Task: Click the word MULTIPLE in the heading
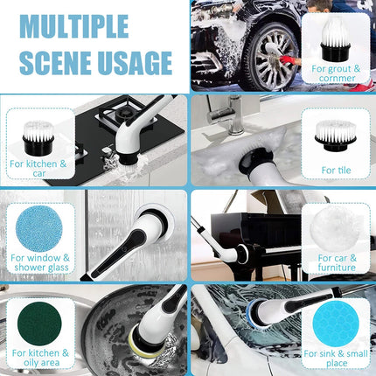pos(74,26)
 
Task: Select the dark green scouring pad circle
pos(39,324)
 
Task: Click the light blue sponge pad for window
pos(39,229)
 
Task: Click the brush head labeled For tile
pos(336,136)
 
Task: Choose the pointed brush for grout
pos(335,38)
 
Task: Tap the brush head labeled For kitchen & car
pos(38,138)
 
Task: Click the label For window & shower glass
pos(40,262)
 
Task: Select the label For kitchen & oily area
pos(41,358)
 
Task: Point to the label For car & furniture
pos(337,262)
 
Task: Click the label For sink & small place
pos(336,359)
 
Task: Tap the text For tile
pos(336,171)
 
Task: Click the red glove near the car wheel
pos(287,60)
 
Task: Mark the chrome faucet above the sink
pos(230,115)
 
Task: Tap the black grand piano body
pos(255,230)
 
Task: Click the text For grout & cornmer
pos(336,73)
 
